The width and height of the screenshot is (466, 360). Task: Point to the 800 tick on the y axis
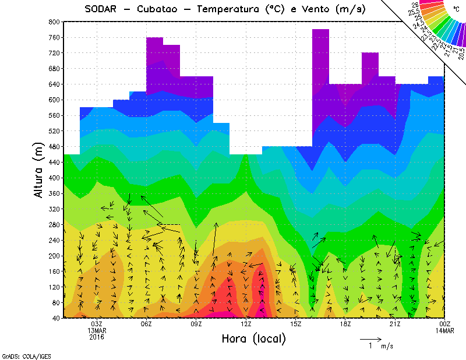click(54, 22)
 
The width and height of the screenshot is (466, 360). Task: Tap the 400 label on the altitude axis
click(54, 178)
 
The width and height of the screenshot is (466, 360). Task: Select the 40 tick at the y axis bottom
click(55, 318)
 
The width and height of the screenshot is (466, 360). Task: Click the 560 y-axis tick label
click(54, 115)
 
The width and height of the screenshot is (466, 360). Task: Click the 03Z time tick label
click(97, 324)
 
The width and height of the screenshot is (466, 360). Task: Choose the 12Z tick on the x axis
click(246, 324)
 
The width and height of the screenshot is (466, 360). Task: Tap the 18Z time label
click(345, 324)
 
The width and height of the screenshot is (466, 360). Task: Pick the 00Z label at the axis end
click(444, 324)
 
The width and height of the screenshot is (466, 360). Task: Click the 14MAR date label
click(444, 330)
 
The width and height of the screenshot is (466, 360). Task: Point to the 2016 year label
click(97, 337)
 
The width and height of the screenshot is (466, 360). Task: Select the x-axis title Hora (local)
click(253, 338)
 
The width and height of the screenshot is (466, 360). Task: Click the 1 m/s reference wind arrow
click(370, 338)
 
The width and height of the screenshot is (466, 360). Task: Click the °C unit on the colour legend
click(456, 9)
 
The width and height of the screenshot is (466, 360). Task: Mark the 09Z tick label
click(196, 324)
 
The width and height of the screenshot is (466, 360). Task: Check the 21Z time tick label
click(395, 324)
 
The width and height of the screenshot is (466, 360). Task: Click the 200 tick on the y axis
click(54, 256)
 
